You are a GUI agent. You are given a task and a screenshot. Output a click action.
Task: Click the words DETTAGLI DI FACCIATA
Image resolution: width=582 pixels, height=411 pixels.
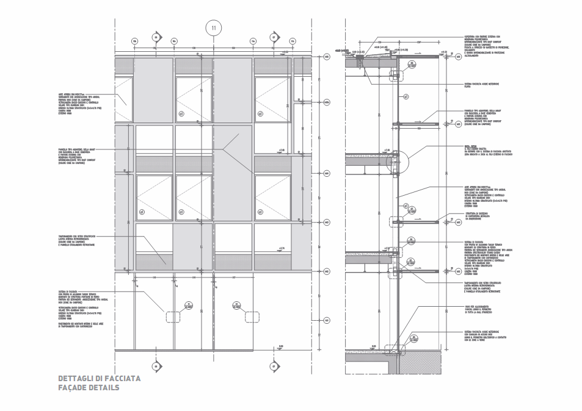click(x=99, y=379)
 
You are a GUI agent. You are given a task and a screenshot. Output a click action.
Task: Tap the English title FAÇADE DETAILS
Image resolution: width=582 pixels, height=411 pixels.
click(x=89, y=388)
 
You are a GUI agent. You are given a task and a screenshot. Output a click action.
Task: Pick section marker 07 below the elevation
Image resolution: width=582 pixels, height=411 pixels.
click(x=274, y=366)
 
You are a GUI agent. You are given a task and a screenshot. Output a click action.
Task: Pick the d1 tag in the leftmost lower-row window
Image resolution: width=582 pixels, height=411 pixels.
click(x=142, y=212)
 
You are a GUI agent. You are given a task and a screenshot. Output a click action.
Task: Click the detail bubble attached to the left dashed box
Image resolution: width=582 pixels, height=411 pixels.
click(x=189, y=306)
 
